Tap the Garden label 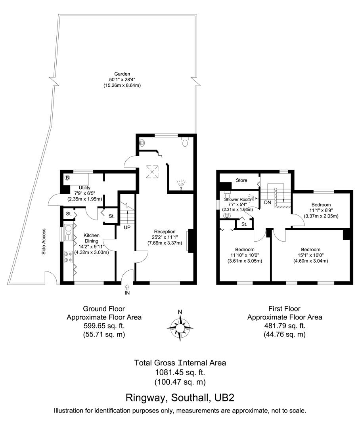pyautogui.click(x=123, y=74)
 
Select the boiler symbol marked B pyautogui.click(x=67, y=178)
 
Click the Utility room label pyautogui.click(x=84, y=187)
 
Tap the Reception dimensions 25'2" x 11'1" pyautogui.click(x=164, y=237)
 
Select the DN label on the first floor pyautogui.click(x=267, y=202)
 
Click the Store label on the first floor pyautogui.click(x=241, y=180)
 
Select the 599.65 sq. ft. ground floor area pyautogui.click(x=104, y=326)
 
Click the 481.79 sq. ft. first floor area pyautogui.click(x=284, y=326)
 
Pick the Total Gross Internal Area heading pyautogui.click(x=180, y=363)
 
